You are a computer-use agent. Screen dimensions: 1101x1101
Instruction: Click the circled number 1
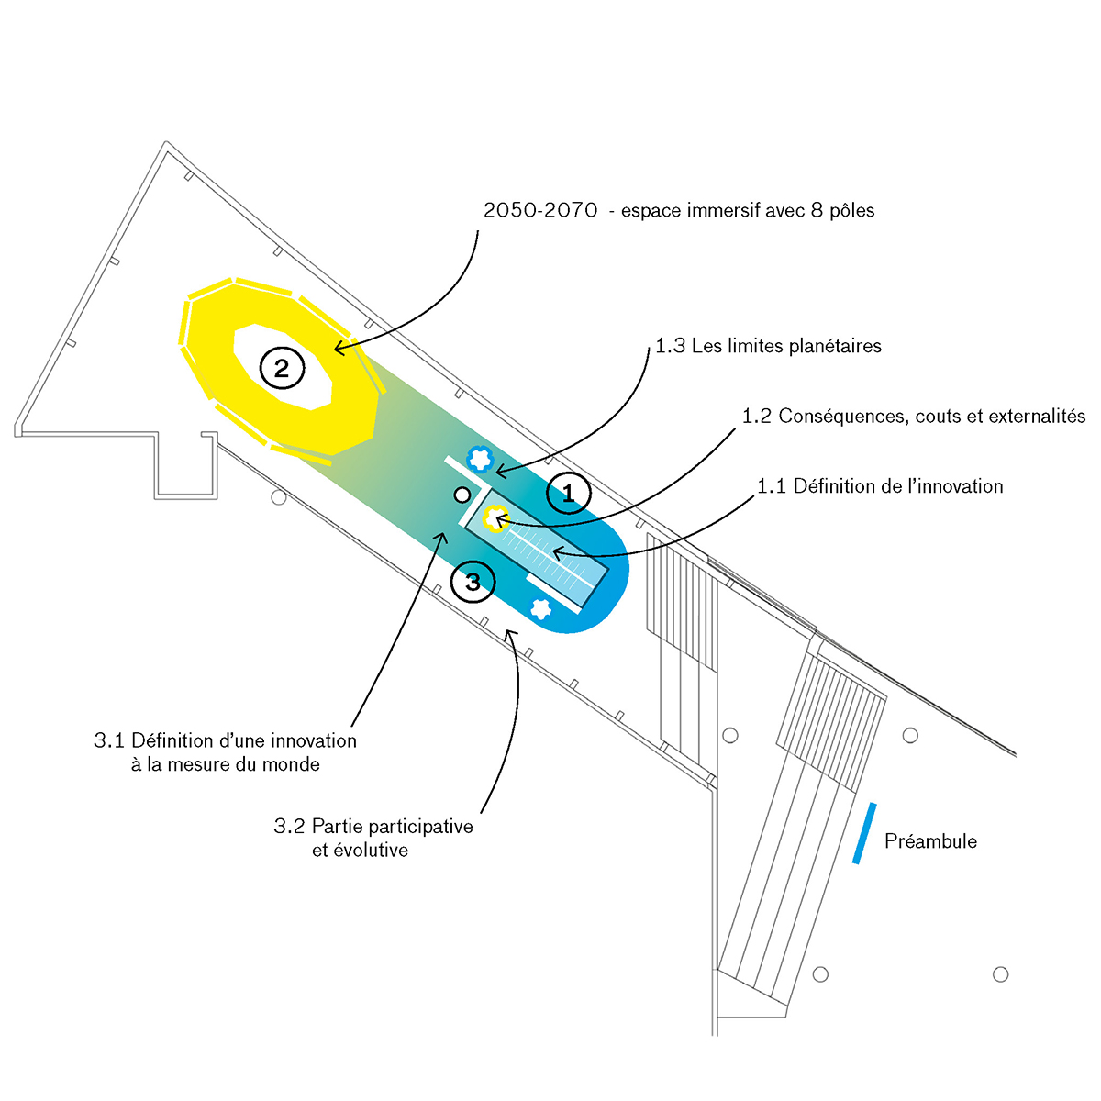coord(568,495)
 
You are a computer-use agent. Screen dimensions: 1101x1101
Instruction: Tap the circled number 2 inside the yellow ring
coord(282,368)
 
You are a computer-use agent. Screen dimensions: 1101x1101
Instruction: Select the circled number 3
coord(473,582)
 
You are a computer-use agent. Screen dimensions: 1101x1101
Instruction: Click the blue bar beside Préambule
coord(864,833)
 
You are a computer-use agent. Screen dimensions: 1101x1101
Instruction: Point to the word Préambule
coord(930,841)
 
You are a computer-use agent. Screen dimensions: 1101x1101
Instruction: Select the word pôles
coord(852,211)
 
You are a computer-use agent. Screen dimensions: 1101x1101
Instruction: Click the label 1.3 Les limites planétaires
coord(768,346)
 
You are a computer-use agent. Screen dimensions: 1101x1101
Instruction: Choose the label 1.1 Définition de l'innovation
coord(880,486)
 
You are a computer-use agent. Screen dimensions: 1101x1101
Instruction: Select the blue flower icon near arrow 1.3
coord(479,457)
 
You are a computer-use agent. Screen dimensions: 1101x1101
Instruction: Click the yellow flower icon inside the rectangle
coord(495,520)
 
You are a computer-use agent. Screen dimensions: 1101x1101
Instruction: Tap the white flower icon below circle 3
coord(540,607)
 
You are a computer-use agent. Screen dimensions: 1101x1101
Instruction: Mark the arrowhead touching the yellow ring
coord(337,349)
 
